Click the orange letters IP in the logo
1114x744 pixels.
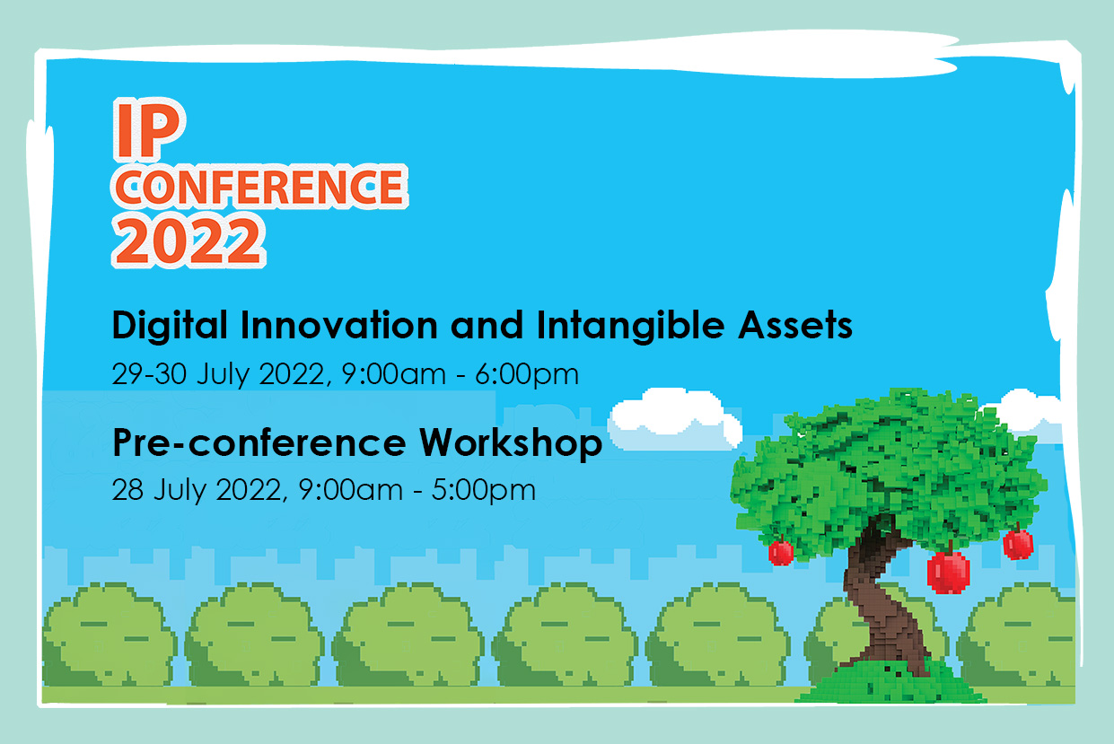tap(149, 130)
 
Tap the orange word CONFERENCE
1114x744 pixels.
tap(259, 187)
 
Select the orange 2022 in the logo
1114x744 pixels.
tap(189, 241)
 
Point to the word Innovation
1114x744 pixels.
tap(339, 325)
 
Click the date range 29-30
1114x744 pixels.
tap(149, 374)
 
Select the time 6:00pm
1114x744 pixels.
tap(527, 375)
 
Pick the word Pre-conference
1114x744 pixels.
tap(259, 442)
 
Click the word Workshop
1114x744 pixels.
tap(511, 442)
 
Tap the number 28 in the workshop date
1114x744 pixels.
tap(127, 490)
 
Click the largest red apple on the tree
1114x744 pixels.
tap(949, 572)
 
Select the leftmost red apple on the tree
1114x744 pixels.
tap(781, 553)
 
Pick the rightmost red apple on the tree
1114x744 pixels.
tap(1019, 544)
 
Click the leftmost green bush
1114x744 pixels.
tap(110, 635)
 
